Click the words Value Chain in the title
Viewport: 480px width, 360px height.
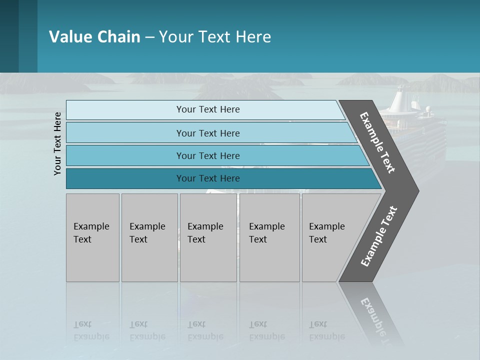pos(94,37)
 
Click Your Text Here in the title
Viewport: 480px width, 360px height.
pos(215,37)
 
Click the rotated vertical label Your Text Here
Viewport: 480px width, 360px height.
pos(57,143)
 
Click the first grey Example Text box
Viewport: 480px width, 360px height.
pos(92,237)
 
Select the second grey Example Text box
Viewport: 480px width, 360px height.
pos(149,237)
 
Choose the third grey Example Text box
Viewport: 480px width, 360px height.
pos(207,237)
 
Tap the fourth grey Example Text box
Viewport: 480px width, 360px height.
pos(269,237)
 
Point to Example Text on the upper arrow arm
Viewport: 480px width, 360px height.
pos(377,142)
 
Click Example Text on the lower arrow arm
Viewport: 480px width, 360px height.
pos(378,236)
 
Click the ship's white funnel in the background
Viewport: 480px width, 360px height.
pos(399,100)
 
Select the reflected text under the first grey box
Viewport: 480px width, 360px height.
pos(91,331)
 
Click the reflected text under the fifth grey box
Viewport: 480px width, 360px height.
pos(326,331)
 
